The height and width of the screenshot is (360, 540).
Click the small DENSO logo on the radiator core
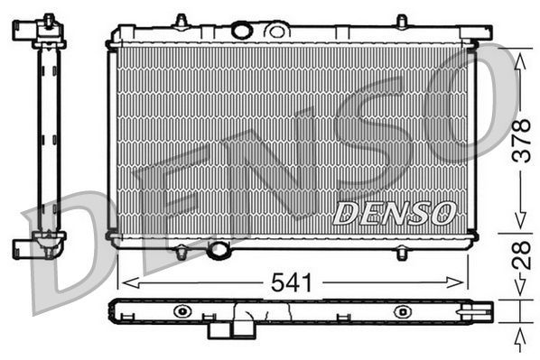pyautogui.click(x=394, y=213)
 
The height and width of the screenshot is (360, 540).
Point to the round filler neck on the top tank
pyautogui.click(x=241, y=31)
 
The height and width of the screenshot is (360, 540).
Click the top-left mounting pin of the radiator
pyautogui.click(x=181, y=21)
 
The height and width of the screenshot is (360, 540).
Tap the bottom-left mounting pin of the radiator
pyautogui.click(x=181, y=253)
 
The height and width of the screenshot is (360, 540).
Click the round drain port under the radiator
pyautogui.click(x=219, y=250)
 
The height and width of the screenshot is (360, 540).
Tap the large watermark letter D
pyautogui.click(x=68, y=253)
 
